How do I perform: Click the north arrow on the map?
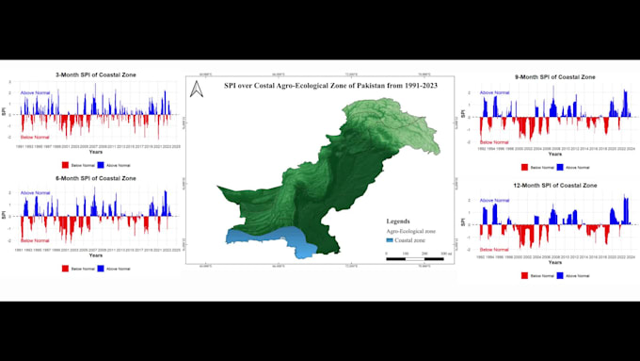(197, 90)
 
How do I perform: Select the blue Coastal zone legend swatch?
(390, 240)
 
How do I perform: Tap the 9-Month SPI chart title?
(555, 76)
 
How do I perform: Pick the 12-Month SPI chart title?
(555, 186)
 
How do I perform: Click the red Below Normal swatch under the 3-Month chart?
(65, 164)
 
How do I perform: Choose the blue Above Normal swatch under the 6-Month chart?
(100, 269)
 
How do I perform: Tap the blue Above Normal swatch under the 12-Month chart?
(559, 275)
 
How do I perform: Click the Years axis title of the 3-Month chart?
(96, 153)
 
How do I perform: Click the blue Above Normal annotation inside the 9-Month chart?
(495, 92)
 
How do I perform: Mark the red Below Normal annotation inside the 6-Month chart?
(35, 242)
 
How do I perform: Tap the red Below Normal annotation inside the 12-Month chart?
(495, 249)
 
